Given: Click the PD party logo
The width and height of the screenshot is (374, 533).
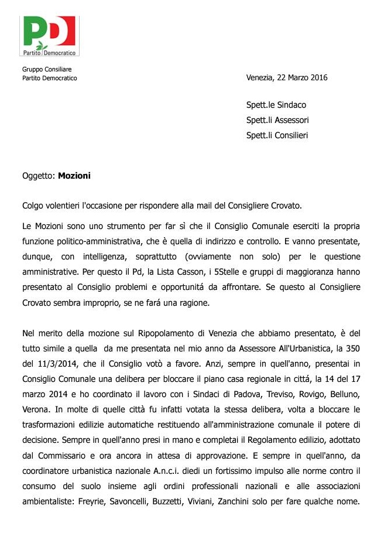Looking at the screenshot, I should pyautogui.click(x=50, y=36).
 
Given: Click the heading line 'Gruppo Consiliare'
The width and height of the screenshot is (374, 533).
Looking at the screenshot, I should pyautogui.click(x=47, y=70).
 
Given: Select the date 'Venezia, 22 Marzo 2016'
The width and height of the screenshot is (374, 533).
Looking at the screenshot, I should pyautogui.click(x=287, y=78).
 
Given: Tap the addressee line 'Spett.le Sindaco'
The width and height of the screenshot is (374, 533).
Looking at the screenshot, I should pyautogui.click(x=276, y=105).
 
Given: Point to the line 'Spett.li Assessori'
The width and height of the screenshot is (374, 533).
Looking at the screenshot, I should pyautogui.click(x=277, y=120).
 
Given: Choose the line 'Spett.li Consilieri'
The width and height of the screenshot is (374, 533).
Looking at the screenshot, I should pyautogui.click(x=277, y=135).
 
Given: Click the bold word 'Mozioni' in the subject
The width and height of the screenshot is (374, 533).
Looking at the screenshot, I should pyautogui.click(x=74, y=175).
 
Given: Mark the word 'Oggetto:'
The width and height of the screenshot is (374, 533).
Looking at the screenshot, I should pyautogui.click(x=39, y=175).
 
